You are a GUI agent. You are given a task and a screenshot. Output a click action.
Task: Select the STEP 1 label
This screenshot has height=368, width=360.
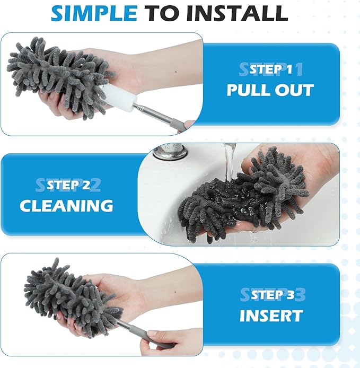270,69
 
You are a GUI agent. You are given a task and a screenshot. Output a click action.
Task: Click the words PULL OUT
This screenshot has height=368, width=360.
270,90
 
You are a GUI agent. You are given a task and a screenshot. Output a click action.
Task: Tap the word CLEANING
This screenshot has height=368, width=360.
66,206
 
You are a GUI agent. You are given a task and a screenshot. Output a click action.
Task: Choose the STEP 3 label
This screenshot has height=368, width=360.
271,295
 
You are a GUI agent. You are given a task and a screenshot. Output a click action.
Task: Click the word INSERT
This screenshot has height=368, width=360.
271,315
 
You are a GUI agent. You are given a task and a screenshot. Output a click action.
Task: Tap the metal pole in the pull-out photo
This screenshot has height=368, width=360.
159,116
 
